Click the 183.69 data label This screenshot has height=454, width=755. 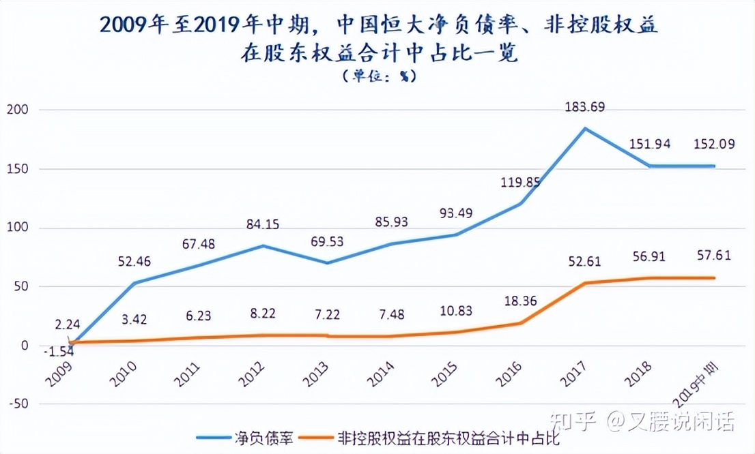[585, 107]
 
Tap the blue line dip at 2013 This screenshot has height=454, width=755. [326, 263]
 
